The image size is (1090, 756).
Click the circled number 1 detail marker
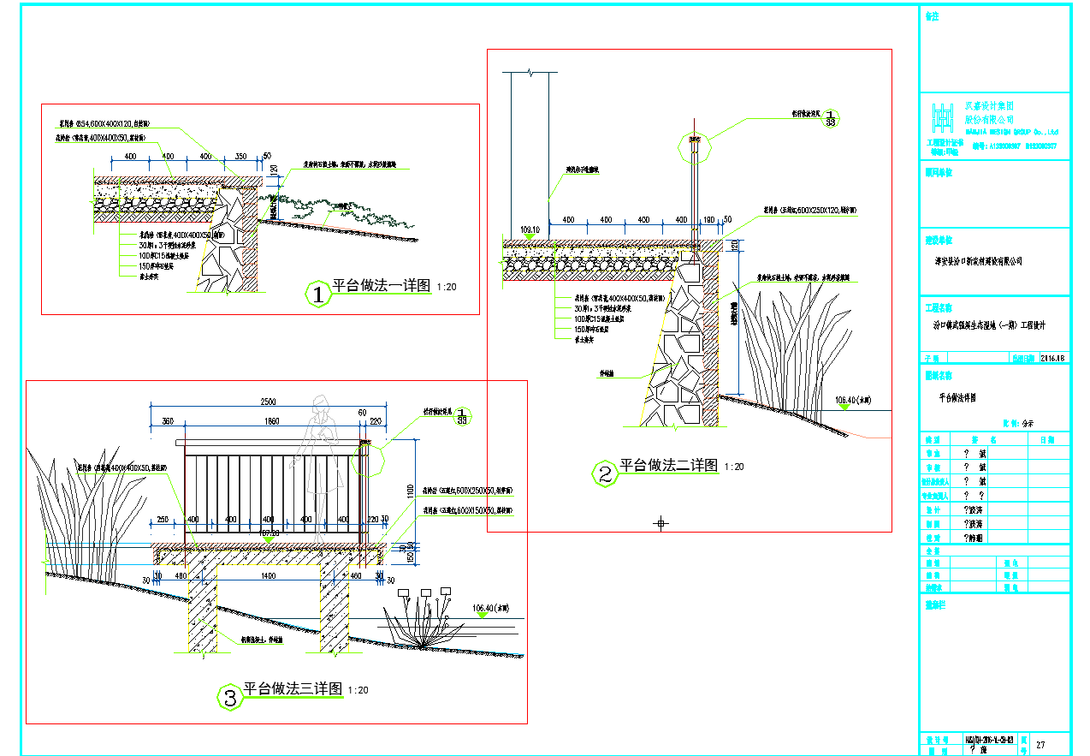click(318, 295)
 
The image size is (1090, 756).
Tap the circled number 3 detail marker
click(229, 698)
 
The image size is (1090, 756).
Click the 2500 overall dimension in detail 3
click(268, 402)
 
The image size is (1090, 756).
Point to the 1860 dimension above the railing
click(271, 421)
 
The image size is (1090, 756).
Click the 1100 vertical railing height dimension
click(410, 488)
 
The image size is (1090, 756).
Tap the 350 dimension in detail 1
click(240, 157)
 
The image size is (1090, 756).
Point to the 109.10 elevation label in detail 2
click(530, 229)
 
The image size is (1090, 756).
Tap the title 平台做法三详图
click(293, 689)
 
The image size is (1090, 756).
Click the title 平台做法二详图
click(668, 465)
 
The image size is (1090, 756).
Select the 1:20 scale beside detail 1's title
click(447, 288)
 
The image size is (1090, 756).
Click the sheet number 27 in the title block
click(1040, 745)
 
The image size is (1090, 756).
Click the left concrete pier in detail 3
click(202, 610)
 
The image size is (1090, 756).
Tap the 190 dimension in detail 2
click(708, 220)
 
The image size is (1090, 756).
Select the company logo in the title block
click(942, 116)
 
